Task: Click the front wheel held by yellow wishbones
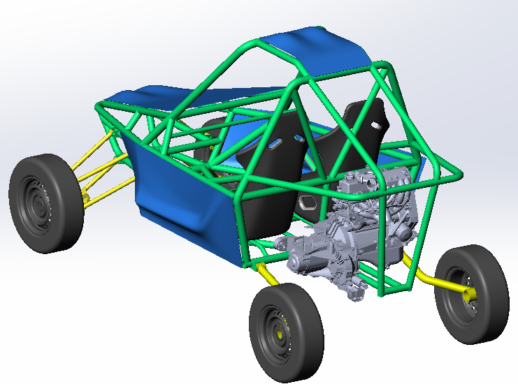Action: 46,202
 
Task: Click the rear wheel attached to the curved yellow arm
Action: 472,293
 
